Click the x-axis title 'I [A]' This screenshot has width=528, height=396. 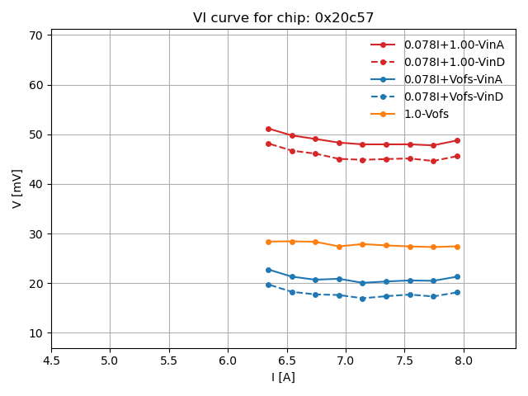[x=283, y=377]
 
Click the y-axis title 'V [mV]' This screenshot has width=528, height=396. [x=17, y=188]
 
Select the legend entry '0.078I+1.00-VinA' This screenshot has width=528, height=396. [x=454, y=45]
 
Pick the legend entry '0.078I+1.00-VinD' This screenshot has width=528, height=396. [x=454, y=62]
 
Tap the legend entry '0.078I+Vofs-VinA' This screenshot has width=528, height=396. [x=453, y=79]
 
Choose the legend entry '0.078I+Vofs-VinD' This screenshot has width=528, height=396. [x=453, y=97]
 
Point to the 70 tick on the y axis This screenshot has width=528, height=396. [x=38, y=35]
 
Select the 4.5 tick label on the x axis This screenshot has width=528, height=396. [x=51, y=361]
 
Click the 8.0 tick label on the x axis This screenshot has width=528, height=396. [x=463, y=361]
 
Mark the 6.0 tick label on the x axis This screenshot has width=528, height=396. [x=228, y=361]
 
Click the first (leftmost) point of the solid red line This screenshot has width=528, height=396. [x=268, y=129]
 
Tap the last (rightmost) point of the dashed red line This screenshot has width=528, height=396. [x=457, y=156]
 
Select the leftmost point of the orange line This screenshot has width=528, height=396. [x=268, y=242]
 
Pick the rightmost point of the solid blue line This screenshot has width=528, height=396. [x=457, y=276]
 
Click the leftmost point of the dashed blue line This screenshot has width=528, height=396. [x=268, y=285]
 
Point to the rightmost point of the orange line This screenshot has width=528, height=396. [x=457, y=247]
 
